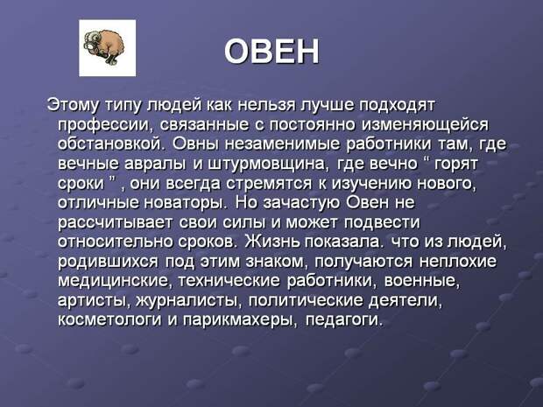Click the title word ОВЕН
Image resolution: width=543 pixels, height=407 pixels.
[x=271, y=52]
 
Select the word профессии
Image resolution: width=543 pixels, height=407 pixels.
[x=104, y=125]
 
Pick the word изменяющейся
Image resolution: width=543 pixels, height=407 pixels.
[x=425, y=125]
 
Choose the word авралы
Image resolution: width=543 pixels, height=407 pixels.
[x=154, y=164]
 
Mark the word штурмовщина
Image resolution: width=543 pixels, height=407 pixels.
[x=268, y=164]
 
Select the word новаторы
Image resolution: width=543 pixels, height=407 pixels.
[x=185, y=203]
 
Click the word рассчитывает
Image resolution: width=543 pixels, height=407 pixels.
[x=115, y=223]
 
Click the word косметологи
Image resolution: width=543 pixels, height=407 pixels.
[x=109, y=319]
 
